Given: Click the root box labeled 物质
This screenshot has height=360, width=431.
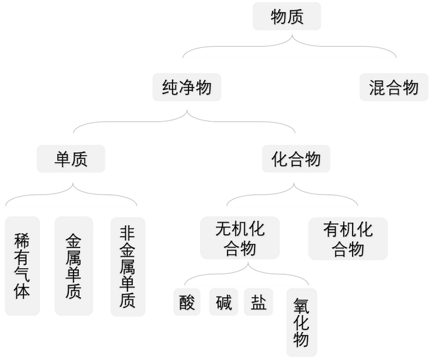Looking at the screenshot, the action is tap(287, 16).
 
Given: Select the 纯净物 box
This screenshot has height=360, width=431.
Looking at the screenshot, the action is tap(187, 87).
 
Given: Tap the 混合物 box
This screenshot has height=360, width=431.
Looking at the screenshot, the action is tap(394, 87).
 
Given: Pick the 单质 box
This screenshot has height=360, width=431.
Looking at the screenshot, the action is tap(71, 159).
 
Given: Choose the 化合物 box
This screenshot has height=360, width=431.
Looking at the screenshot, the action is tap(296, 159).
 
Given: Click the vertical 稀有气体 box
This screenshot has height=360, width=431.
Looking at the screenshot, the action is tap(22, 266).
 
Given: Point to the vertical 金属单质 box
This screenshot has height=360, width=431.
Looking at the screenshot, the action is tap(74, 266).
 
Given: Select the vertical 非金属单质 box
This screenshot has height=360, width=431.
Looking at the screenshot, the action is tap(128, 267).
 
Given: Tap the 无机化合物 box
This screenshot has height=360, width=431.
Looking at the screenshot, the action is tap(239, 238).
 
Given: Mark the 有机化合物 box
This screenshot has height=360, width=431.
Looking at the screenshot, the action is tap(348, 238).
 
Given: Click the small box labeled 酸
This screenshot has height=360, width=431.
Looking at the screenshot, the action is tap(187, 302).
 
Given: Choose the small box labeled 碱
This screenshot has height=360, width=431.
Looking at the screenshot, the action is tap(223, 302).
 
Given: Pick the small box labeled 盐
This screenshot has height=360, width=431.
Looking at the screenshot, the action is tap(259, 302).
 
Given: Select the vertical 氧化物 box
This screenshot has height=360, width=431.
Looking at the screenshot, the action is tap(302, 323).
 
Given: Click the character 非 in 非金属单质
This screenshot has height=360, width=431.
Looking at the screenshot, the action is tap(128, 232).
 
